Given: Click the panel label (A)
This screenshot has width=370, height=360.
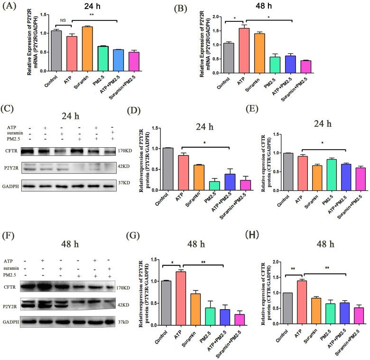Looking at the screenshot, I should (10, 6).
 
